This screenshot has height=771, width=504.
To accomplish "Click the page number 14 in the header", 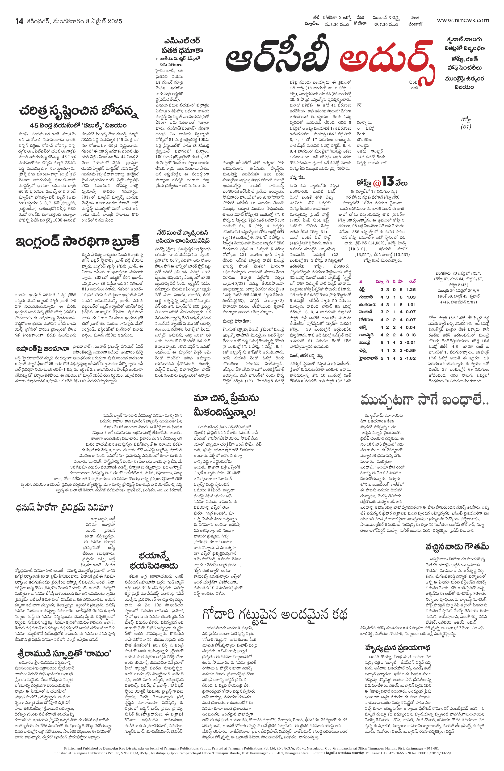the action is pos(19,21).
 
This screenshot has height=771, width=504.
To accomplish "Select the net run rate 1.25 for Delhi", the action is pos(411,289).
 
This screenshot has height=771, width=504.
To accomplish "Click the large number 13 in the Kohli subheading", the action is pos(387,181).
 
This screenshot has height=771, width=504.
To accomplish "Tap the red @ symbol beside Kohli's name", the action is pos(377,183).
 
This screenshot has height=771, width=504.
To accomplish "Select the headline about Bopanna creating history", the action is pos(79,111).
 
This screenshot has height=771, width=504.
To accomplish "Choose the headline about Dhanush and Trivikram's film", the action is pos(64,507).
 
